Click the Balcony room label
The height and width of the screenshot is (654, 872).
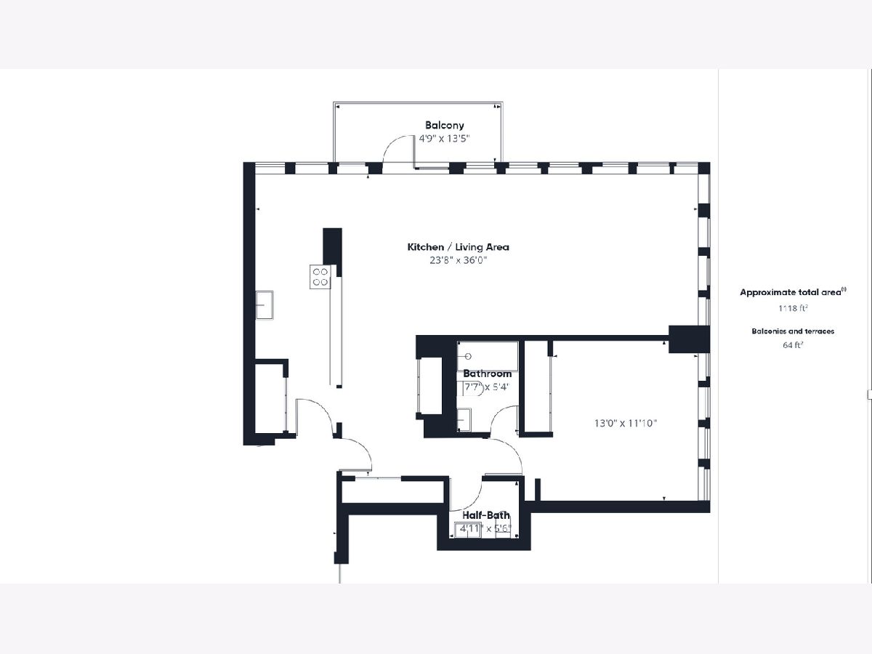click(444, 125)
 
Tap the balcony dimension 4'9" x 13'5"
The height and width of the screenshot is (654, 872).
click(444, 139)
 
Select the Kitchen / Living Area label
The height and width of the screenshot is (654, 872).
click(458, 247)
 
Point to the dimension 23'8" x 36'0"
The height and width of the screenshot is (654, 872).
click(458, 260)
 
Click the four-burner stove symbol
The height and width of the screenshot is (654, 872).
click(320, 277)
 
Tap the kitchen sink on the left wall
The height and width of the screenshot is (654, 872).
click(265, 305)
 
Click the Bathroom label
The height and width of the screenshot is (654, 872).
click(487, 374)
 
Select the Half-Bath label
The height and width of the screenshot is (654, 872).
click(486, 515)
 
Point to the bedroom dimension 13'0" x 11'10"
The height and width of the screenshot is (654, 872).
click(626, 424)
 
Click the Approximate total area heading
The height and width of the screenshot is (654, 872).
click(793, 292)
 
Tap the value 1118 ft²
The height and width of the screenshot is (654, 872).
click(793, 307)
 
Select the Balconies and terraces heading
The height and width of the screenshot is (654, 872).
click(793, 331)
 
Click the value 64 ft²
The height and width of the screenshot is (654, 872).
click(793, 345)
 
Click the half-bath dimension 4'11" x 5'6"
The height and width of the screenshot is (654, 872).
click(485, 529)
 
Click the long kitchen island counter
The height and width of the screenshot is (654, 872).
click(336, 331)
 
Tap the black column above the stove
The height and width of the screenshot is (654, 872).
click(333, 247)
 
